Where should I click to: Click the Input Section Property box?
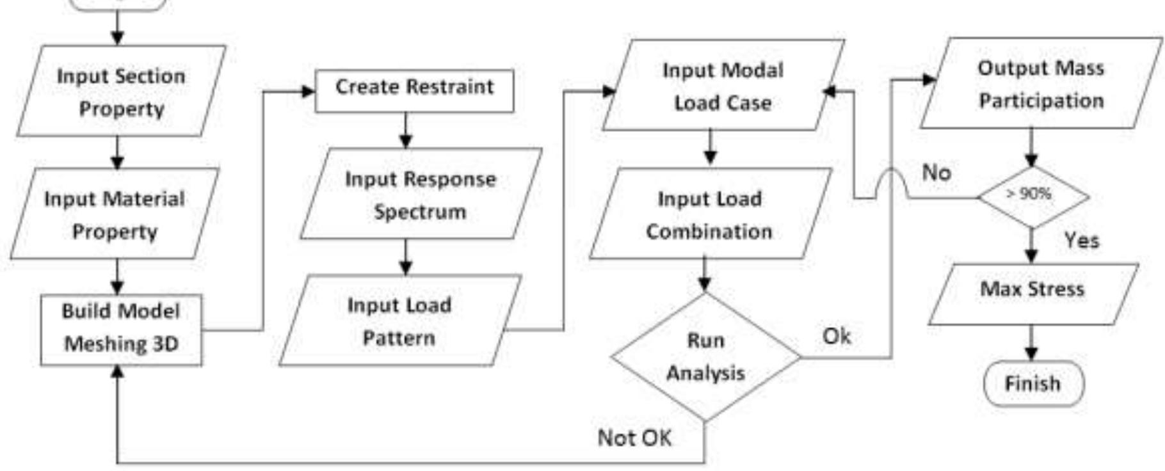point(121,92)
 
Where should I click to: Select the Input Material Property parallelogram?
point(115,214)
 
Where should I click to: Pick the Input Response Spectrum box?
point(421,194)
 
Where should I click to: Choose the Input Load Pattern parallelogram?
point(399,321)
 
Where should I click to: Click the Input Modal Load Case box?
point(723,86)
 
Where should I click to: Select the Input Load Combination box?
point(709,214)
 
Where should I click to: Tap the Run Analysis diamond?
point(705,356)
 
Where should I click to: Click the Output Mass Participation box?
point(1041,84)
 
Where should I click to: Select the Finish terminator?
point(1032,384)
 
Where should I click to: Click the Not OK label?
point(634,438)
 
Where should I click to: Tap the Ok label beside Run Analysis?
point(836,336)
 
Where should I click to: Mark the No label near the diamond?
point(936,172)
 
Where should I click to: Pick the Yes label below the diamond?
point(1081,240)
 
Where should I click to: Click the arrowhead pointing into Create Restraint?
point(309,92)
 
